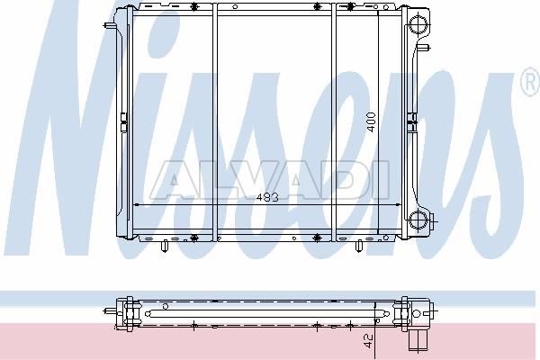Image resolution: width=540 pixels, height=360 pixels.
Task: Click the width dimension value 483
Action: click(267, 197)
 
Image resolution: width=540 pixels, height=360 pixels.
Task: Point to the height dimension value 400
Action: click(371, 122)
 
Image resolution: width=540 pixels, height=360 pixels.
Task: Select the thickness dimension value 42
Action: click(368, 341)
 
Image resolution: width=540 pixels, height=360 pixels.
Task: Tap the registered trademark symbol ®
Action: click(531, 81)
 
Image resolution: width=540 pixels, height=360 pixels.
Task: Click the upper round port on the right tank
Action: click(418, 24)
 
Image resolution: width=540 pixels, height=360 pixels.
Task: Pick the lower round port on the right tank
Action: click(418, 220)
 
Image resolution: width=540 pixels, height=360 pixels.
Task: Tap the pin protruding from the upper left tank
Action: click(109, 25)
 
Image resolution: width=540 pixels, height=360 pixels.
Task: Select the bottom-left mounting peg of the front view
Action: click(165, 246)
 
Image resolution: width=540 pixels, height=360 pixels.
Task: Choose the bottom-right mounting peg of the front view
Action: click(358, 246)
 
